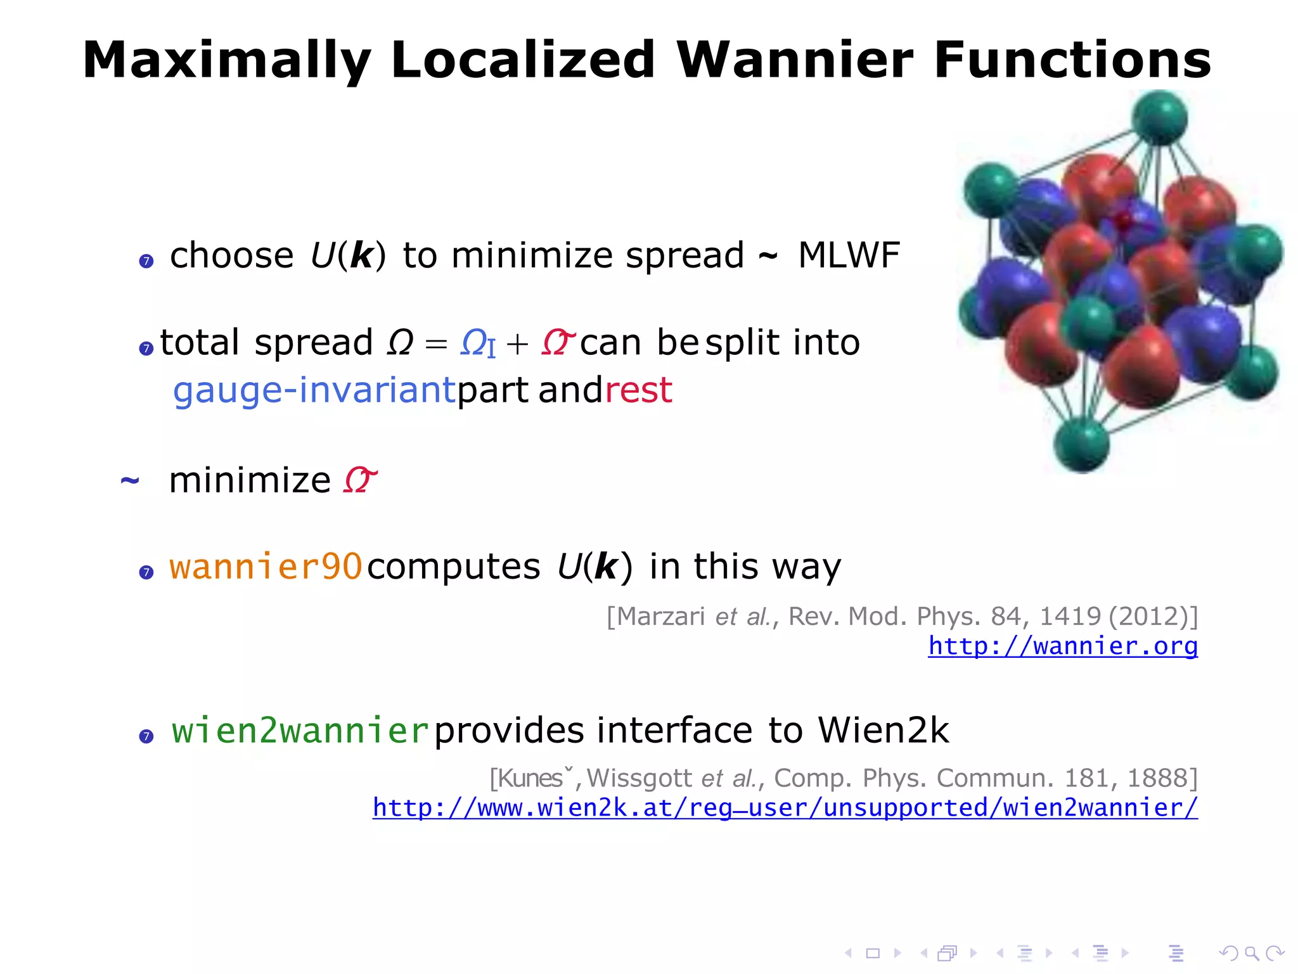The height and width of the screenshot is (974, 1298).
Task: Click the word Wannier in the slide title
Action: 795,60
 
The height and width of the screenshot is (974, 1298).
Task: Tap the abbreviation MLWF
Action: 849,255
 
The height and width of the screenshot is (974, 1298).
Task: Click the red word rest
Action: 638,390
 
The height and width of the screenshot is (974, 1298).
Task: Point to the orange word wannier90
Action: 266,566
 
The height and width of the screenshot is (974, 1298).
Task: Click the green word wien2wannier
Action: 300,730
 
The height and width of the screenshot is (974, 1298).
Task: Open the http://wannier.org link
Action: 1063,646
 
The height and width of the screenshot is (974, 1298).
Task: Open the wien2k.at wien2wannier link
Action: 785,807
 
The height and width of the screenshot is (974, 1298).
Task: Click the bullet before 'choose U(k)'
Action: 146,261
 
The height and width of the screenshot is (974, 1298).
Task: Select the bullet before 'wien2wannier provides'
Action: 146,736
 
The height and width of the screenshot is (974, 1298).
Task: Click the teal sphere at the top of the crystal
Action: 1159,118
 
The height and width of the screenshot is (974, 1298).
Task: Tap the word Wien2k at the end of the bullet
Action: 883,730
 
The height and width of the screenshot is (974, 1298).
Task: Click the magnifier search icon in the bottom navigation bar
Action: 1251,953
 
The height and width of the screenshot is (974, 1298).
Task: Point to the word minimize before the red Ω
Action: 250,480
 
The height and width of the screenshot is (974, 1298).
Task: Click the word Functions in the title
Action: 1072,60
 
